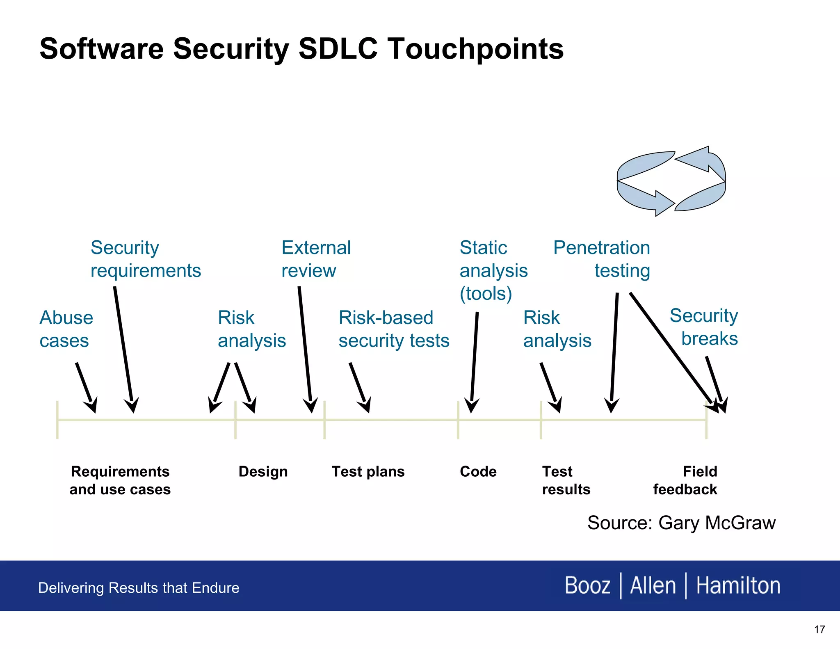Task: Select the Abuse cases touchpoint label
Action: (x=66, y=329)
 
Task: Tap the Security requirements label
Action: (x=145, y=259)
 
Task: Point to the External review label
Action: (x=316, y=259)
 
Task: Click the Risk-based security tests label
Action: (x=394, y=329)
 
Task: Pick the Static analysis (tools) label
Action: (x=493, y=271)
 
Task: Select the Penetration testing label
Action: (x=602, y=259)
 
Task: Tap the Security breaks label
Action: (x=704, y=327)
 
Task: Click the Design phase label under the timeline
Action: (x=263, y=472)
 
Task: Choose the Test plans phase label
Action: (x=368, y=472)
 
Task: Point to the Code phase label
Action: (x=478, y=472)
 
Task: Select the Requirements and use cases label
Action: (x=120, y=480)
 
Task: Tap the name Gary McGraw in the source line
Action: (x=717, y=523)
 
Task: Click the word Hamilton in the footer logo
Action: (x=738, y=586)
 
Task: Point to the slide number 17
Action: (x=819, y=630)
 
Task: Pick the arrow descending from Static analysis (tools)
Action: (x=474, y=361)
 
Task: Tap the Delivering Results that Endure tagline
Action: (x=139, y=588)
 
